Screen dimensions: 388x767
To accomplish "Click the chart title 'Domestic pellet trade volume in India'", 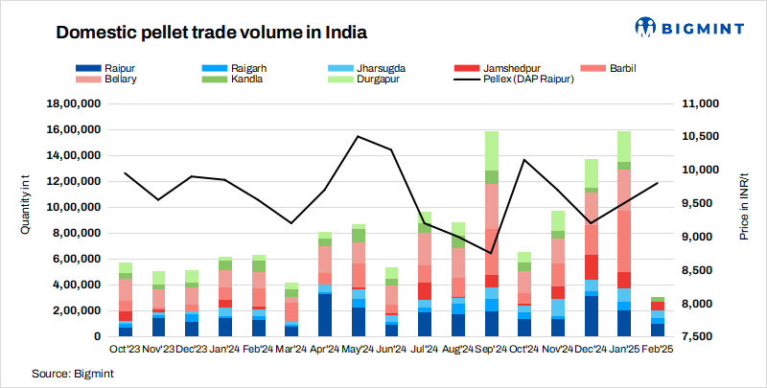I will [x=211, y=32].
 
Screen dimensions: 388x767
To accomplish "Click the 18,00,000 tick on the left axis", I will [x=74, y=103].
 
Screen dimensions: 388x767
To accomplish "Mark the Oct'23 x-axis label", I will [x=125, y=349].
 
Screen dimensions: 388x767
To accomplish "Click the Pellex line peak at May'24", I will [x=358, y=136].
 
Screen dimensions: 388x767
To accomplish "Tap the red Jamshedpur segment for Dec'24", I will [x=592, y=266].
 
